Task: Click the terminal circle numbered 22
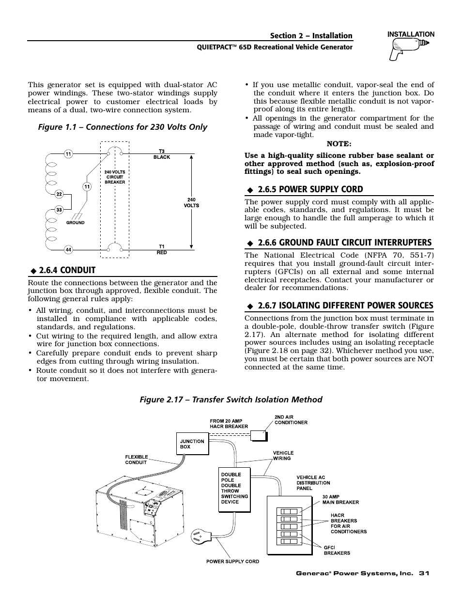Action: tap(59, 194)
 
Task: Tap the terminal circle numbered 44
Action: tap(68, 250)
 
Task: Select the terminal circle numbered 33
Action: tap(59, 210)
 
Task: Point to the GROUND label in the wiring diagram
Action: tap(76, 223)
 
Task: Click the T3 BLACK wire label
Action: tap(162, 154)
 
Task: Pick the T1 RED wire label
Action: tap(162, 249)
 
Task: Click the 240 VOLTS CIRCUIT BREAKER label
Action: tap(115, 177)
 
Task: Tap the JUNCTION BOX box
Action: tap(192, 444)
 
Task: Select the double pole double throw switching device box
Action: tap(234, 489)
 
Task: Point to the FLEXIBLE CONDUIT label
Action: tap(136, 460)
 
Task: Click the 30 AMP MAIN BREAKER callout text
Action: tap(341, 499)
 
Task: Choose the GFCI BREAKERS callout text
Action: tap(337, 550)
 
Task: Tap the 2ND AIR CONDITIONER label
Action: tap(291, 419)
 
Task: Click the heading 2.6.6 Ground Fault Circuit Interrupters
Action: tap(344, 242)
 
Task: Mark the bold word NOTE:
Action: tap(339, 144)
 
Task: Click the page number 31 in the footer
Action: tap(425, 573)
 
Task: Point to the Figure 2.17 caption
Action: tap(231, 399)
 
